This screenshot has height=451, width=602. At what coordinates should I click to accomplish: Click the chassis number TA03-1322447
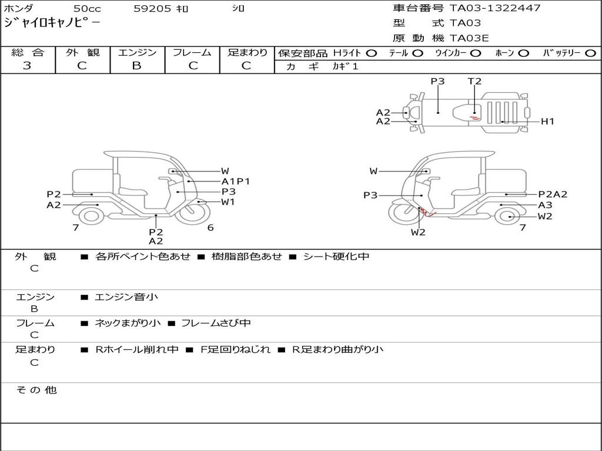click(x=495, y=8)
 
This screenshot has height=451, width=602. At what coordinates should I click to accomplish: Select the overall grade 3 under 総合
click(x=27, y=66)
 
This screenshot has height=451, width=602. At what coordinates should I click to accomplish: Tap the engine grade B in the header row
click(x=136, y=66)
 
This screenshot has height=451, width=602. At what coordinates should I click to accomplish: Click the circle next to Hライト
click(x=371, y=53)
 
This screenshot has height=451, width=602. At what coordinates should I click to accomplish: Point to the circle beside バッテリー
click(x=590, y=53)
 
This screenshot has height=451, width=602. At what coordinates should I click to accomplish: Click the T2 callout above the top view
click(x=474, y=81)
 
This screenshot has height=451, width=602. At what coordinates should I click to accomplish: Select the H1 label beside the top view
click(x=547, y=122)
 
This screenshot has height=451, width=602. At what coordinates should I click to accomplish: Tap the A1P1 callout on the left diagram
click(x=235, y=181)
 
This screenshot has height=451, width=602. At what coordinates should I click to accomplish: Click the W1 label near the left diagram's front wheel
click(x=228, y=202)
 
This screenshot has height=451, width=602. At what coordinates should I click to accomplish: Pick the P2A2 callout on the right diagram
click(x=553, y=194)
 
